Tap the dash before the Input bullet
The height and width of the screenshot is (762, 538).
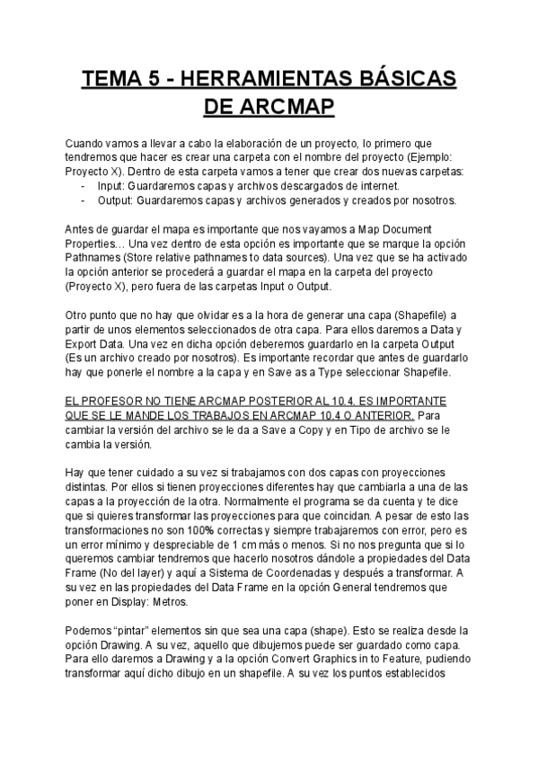pyautogui.click(x=82, y=186)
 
